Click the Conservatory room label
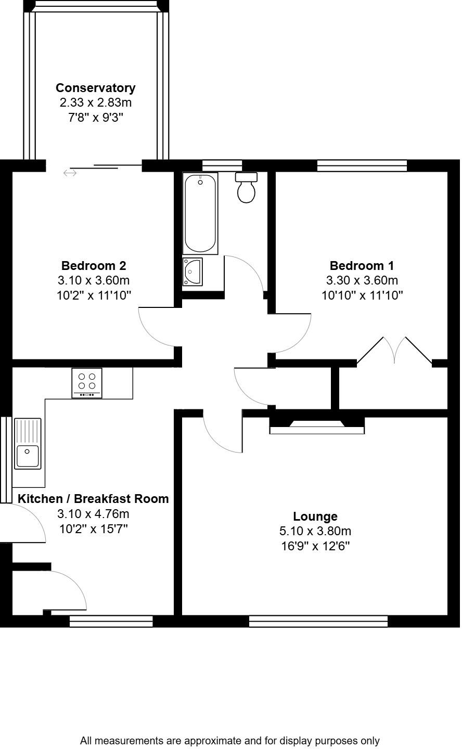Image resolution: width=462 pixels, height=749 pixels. tap(95, 88)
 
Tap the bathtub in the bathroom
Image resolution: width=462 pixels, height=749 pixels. tap(200, 213)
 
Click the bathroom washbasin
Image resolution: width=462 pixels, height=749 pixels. tap(192, 272)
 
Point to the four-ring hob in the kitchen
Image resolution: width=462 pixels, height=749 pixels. tap(87, 383)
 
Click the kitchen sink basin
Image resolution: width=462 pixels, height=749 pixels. tap(28, 456)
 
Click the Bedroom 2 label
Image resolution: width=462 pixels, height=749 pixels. tap(94, 266)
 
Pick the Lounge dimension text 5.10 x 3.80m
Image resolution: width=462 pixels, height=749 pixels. tap(315, 531)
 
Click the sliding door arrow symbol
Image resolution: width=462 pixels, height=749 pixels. tap(70, 173)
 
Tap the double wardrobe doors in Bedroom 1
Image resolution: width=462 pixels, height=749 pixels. tap(394, 350)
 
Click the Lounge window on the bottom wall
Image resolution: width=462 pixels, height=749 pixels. tap(318, 621)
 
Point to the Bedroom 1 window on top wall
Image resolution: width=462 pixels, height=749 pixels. tap(362, 165)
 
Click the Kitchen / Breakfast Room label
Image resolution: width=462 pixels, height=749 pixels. tap(93, 499)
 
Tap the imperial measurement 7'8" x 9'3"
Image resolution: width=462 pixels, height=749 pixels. tap(95, 118)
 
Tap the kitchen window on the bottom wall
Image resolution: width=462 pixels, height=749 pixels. tap(111, 621)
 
